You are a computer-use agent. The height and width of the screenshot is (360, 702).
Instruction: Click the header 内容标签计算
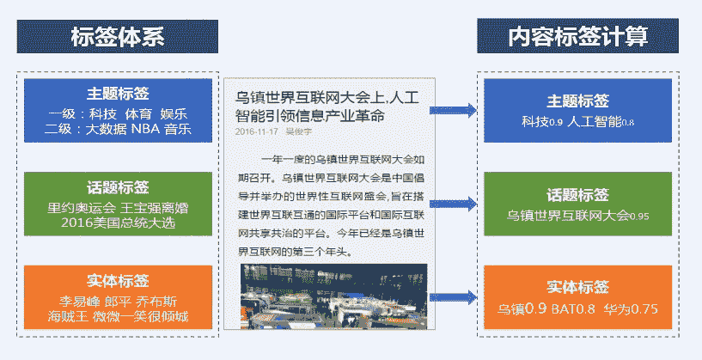(x=577, y=37)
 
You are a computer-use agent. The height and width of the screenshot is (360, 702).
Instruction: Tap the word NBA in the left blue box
(x=145, y=130)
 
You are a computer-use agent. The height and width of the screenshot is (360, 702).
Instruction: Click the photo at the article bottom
(x=333, y=296)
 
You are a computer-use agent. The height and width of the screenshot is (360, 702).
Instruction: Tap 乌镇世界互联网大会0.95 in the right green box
(x=577, y=215)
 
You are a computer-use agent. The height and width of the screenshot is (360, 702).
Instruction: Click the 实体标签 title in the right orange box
(x=577, y=287)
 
